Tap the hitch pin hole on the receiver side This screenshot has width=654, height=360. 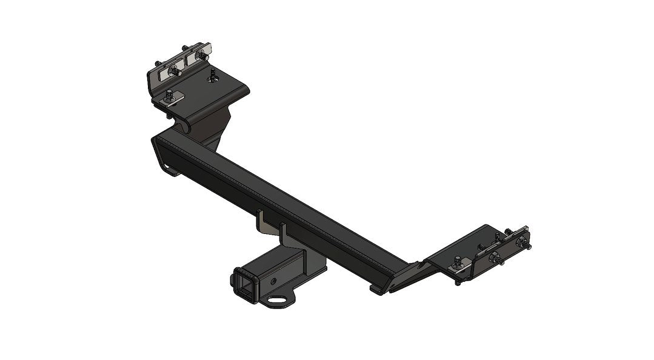(x=274, y=281)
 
